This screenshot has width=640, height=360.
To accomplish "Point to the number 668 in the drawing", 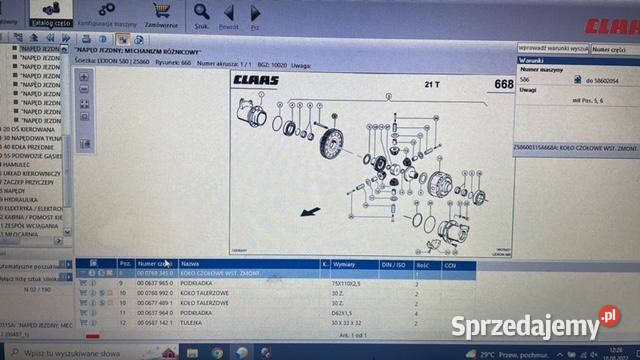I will click(x=503, y=85).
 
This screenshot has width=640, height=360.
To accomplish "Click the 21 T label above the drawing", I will click(x=433, y=84).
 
